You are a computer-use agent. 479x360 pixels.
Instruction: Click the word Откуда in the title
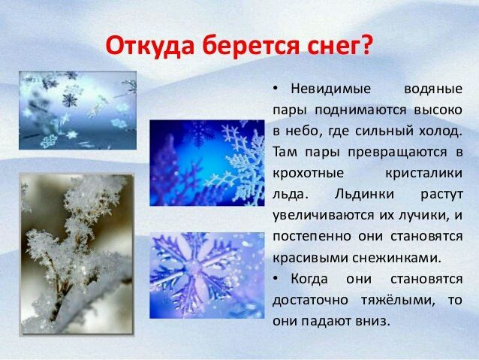tap(149, 46)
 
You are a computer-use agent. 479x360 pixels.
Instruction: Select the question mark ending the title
tap(365, 44)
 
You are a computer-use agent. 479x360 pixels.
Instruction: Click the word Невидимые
tap(331, 89)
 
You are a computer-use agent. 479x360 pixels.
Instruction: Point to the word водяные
tap(433, 89)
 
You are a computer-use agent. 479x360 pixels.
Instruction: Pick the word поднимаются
tap(360, 110)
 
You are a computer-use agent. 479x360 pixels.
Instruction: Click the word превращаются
tap(397, 153)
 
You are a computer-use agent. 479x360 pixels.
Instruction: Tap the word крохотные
tap(309, 174)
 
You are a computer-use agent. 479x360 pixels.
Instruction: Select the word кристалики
tap(423, 174)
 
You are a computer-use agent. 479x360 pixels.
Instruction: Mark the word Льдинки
tap(364, 195)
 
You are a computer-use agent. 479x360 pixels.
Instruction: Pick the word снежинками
tap(397, 258)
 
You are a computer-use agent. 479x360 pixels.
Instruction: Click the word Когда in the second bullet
tap(309, 279)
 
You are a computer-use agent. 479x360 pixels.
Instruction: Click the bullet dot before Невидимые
tap(275, 89)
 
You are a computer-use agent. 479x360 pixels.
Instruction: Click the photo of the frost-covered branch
tap(77, 255)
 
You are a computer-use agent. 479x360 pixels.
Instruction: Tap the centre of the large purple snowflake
tap(194, 269)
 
